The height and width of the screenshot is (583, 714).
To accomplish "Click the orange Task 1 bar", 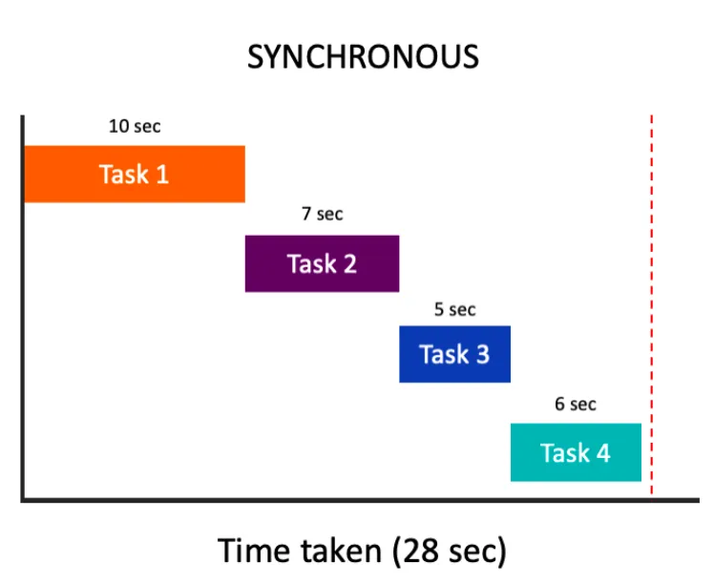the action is point(135,174).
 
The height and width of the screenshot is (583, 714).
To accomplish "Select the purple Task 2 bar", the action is point(322,263).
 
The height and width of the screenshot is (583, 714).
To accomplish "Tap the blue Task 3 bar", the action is point(455,354).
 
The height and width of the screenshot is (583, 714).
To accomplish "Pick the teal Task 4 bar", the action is point(576,452).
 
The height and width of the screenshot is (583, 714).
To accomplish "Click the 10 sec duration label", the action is point(135,126).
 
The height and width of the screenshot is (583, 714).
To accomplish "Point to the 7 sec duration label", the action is point(322,214).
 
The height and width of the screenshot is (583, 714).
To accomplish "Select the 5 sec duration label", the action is point(455,309).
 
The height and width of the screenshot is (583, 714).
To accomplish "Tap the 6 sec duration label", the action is point(576,405).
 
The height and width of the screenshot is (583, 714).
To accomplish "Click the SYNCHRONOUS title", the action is point(363,57).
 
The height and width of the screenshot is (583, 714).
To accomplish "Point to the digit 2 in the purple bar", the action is point(350,264).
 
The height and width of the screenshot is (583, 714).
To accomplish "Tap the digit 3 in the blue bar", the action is point(483,355).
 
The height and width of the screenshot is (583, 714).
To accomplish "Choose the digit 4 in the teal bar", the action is point(603,453).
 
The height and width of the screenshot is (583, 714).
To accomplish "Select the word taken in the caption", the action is point(341,551).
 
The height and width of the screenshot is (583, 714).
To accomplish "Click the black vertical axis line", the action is point(22,307).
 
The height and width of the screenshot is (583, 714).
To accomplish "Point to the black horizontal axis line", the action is point(360,500).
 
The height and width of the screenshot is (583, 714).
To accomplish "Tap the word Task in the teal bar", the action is point(565,453).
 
